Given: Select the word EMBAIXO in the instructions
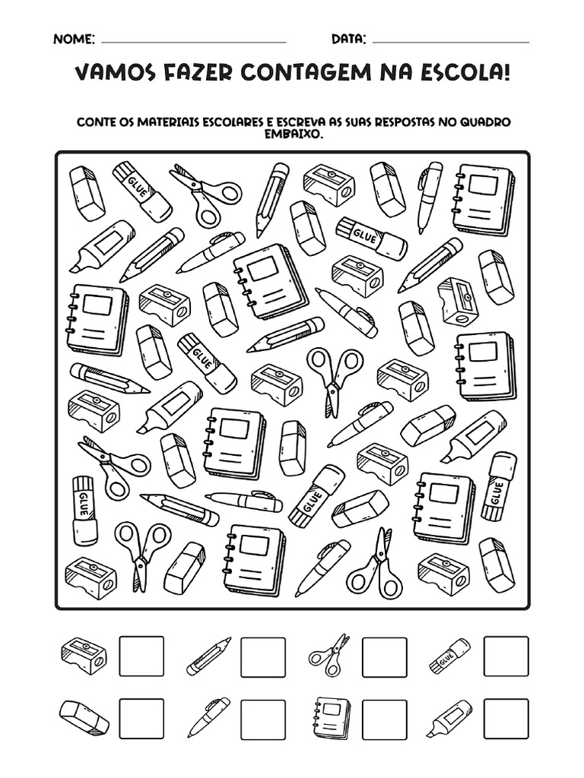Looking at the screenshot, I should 292,133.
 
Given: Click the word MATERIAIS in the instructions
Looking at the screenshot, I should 171,122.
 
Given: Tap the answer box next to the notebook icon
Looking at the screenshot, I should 384,718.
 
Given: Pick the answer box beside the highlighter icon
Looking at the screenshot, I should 506,718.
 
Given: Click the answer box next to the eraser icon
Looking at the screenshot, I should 142,718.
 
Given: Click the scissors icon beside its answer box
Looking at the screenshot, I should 328,655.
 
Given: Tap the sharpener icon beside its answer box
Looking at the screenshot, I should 84,656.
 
